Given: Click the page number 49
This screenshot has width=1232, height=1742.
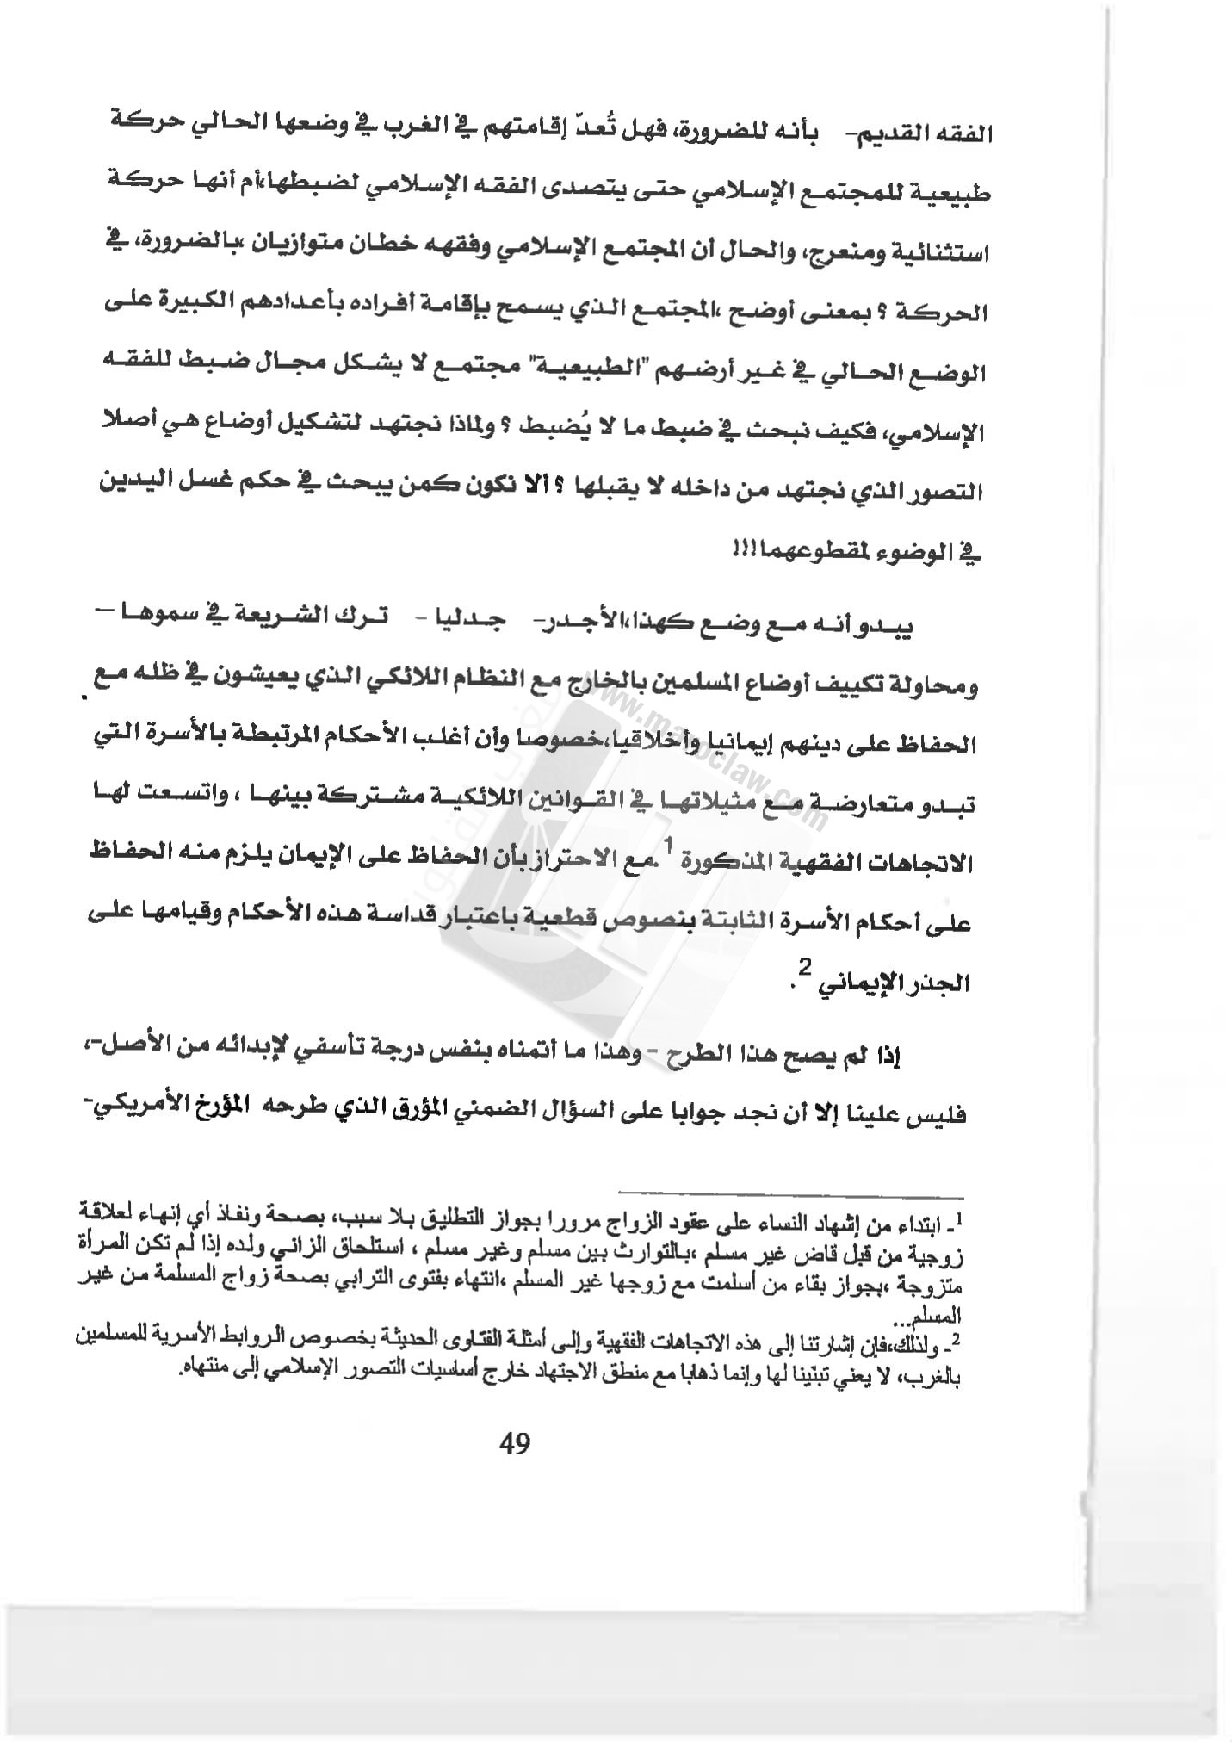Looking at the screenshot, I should [514, 1442].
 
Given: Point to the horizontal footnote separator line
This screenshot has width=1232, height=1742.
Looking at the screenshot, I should [791, 1197].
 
